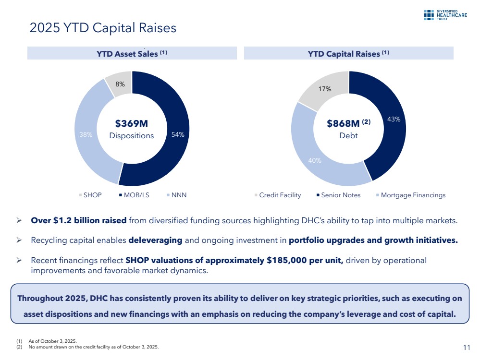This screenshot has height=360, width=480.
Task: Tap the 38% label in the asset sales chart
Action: (x=86, y=135)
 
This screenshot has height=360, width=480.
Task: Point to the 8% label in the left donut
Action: (x=120, y=84)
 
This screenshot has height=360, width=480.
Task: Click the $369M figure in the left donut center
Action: (x=131, y=124)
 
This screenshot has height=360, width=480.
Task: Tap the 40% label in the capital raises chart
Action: (x=315, y=160)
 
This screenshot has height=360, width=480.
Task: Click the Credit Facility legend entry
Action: (x=280, y=195)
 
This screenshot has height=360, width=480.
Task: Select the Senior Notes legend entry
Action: (x=341, y=195)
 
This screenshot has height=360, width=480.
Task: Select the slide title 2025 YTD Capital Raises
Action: (x=103, y=28)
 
